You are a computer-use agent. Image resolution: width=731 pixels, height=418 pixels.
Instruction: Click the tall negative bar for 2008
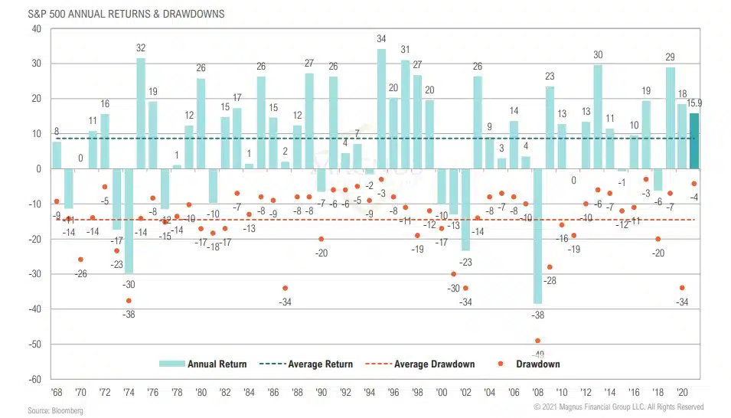point(538,236)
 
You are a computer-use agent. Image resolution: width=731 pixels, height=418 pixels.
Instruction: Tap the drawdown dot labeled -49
point(537,341)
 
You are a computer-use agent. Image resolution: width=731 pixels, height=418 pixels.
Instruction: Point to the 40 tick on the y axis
point(35,29)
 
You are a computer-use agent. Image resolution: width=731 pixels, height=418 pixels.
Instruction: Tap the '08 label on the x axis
point(538,391)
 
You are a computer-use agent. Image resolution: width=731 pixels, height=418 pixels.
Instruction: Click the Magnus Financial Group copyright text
point(618,407)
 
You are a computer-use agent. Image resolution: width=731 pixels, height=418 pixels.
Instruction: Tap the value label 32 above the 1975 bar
point(141,48)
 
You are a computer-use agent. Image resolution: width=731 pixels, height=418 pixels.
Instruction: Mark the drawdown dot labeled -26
point(80,260)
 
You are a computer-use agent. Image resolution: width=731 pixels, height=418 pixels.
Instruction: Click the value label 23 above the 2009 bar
point(550,77)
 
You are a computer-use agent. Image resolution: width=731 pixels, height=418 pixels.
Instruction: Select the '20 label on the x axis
point(683,391)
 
